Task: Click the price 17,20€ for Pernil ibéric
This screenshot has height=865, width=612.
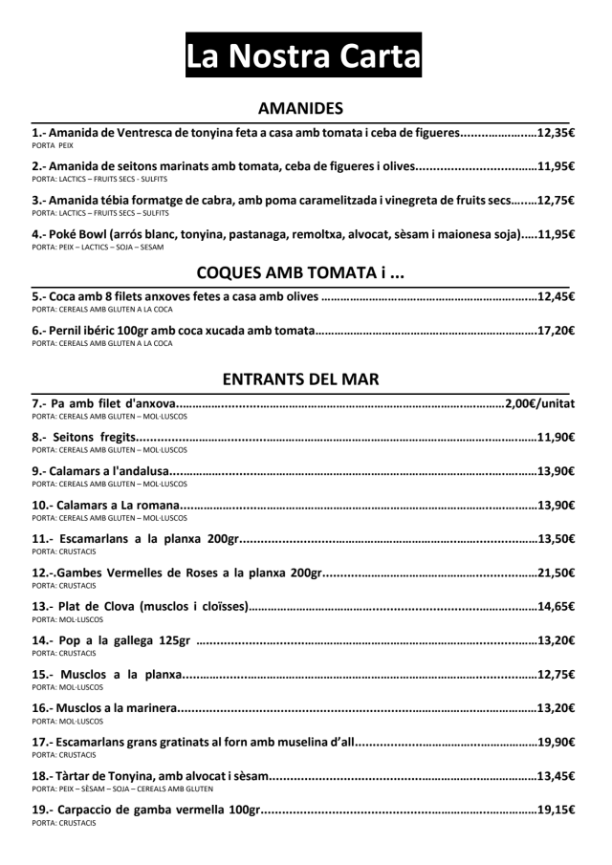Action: point(556,332)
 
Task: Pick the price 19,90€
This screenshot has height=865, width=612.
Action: point(556,742)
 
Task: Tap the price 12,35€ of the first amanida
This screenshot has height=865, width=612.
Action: point(556,133)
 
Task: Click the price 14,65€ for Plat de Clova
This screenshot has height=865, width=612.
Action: point(556,606)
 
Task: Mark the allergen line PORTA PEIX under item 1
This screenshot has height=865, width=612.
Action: point(53,146)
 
